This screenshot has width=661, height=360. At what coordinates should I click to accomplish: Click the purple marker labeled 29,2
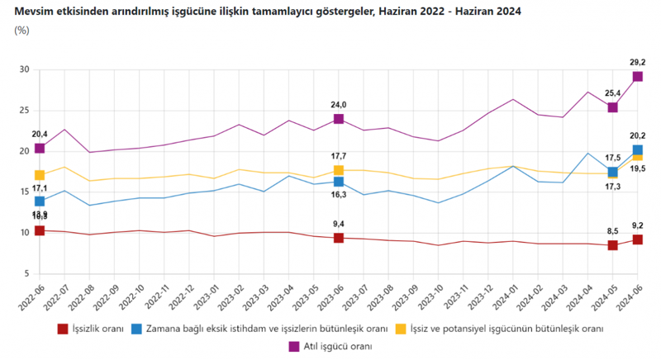pos(637,77)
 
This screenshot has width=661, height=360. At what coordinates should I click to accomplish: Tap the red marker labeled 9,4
pos(339,238)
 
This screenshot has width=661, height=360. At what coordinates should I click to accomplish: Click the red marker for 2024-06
pos(637,239)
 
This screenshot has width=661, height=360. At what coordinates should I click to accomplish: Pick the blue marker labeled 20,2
pos(637,150)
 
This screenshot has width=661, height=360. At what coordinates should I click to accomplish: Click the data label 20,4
pos(39,134)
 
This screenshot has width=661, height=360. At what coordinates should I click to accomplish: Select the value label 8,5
pos(612,232)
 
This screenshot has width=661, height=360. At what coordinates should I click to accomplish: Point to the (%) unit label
pos(22,31)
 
